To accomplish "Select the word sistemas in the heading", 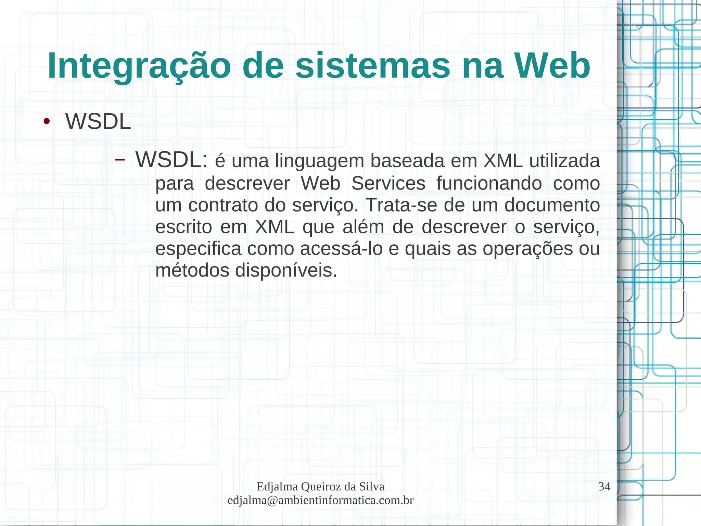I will [x=373, y=66].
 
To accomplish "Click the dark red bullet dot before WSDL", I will [x=47, y=122].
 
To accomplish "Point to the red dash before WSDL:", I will [x=119, y=160].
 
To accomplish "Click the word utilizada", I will [x=564, y=161].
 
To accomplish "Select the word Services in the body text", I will [x=388, y=183].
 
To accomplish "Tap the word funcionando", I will [x=489, y=183].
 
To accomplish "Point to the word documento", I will [x=552, y=205].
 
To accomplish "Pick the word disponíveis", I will [x=286, y=271].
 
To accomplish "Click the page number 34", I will [x=604, y=487].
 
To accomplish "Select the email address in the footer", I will [x=320, y=500].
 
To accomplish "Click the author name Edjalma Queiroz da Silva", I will [x=320, y=487].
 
